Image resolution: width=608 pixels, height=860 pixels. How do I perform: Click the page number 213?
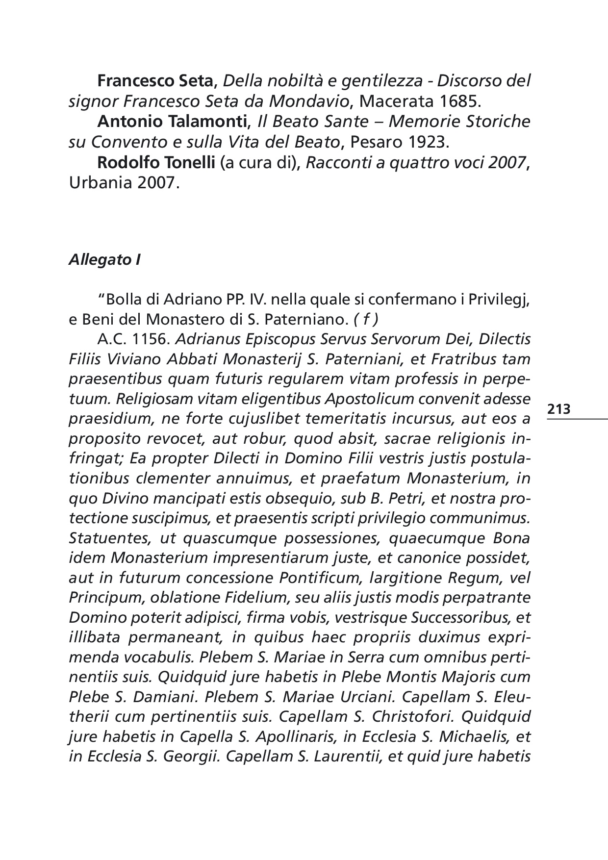(x=558, y=408)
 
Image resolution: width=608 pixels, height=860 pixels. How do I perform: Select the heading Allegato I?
(x=104, y=260)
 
